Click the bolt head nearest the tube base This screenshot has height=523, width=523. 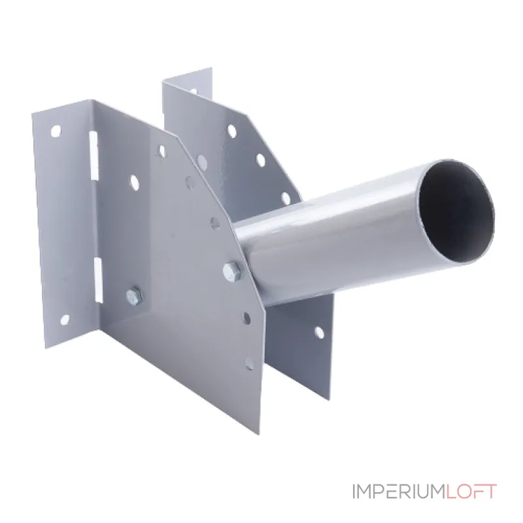point(232,269)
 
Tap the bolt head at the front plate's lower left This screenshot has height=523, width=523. point(134,295)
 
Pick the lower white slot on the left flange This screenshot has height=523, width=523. point(98,280)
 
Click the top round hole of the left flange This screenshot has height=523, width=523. point(56,131)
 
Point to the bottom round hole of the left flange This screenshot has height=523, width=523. point(64,320)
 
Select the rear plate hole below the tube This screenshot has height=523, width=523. point(319,333)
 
